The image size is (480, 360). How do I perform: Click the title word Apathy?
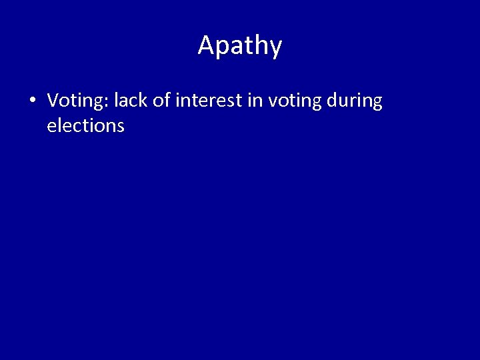point(240,45)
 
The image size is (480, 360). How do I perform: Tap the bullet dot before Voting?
point(31,101)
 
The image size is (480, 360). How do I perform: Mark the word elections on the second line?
point(85,125)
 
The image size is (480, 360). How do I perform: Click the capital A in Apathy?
point(206,45)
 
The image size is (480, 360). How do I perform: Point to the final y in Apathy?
point(276,48)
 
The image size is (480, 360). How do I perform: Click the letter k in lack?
point(140,101)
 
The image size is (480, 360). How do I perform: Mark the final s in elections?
point(121,126)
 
